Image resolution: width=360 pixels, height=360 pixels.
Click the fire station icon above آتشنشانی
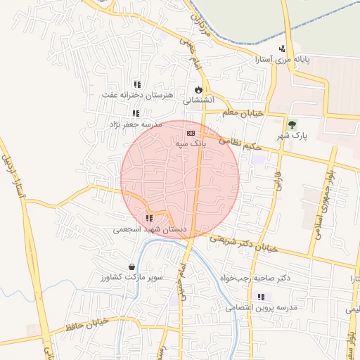pyautogui.click(x=198, y=89)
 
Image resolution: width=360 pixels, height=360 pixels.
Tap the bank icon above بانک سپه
pyautogui.click(x=190, y=132)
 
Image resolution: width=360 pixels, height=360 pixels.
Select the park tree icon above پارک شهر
pyautogui.click(x=292, y=125)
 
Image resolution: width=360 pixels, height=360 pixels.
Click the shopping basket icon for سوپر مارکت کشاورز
pyautogui.click(x=133, y=266)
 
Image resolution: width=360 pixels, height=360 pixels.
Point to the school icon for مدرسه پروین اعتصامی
pyautogui.click(x=262, y=297)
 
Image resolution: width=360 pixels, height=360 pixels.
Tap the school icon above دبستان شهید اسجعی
pyautogui.click(x=149, y=218)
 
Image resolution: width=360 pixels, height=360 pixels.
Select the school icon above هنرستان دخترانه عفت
pyautogui.click(x=136, y=84)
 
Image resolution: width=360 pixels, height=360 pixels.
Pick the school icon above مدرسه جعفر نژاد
pyautogui.click(x=135, y=113)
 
